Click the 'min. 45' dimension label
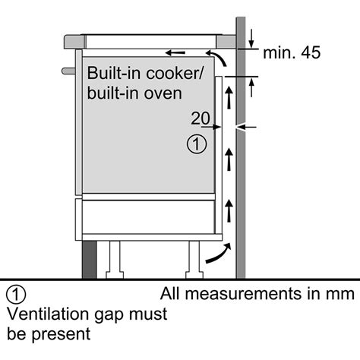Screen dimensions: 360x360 pyautogui.click(x=292, y=52)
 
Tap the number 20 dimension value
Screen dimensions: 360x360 pyautogui.click(x=201, y=118)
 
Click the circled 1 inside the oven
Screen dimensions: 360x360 pyautogui.click(x=197, y=144)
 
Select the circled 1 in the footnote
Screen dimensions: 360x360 pyautogui.click(x=16, y=294)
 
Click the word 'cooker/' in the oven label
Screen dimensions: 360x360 pyautogui.click(x=174, y=73)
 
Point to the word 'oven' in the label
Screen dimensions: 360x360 pyautogui.click(x=163, y=94)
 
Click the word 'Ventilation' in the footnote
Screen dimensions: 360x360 pyautogui.click(x=49, y=314)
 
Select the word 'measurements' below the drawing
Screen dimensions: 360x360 pyautogui.click(x=245, y=294)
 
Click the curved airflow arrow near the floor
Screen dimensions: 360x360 pyautogui.click(x=219, y=254)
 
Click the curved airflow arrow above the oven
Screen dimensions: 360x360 pyautogui.click(x=216, y=58)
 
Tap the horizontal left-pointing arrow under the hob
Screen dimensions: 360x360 pyautogui.click(x=175, y=53)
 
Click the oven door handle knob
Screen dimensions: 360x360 pyautogui.click(x=68, y=71)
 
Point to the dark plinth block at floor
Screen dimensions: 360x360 pyautogui.click(x=90, y=260)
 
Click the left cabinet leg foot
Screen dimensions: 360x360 pyautogui.click(x=115, y=275)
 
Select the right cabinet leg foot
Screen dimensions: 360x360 pyautogui.click(x=194, y=275)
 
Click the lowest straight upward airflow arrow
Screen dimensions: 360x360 pyautogui.click(x=229, y=211)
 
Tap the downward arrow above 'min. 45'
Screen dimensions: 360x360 pyautogui.click(x=251, y=39)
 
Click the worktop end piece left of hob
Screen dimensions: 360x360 pyautogui.click(x=74, y=42)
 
